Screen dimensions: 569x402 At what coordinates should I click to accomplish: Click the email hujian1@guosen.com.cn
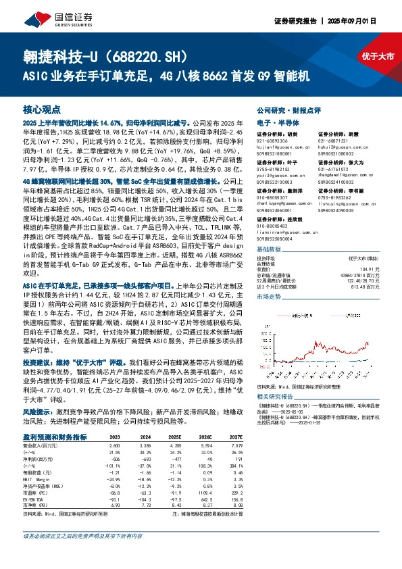click(283, 146)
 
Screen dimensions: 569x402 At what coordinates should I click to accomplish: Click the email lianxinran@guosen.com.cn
click(287, 233)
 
